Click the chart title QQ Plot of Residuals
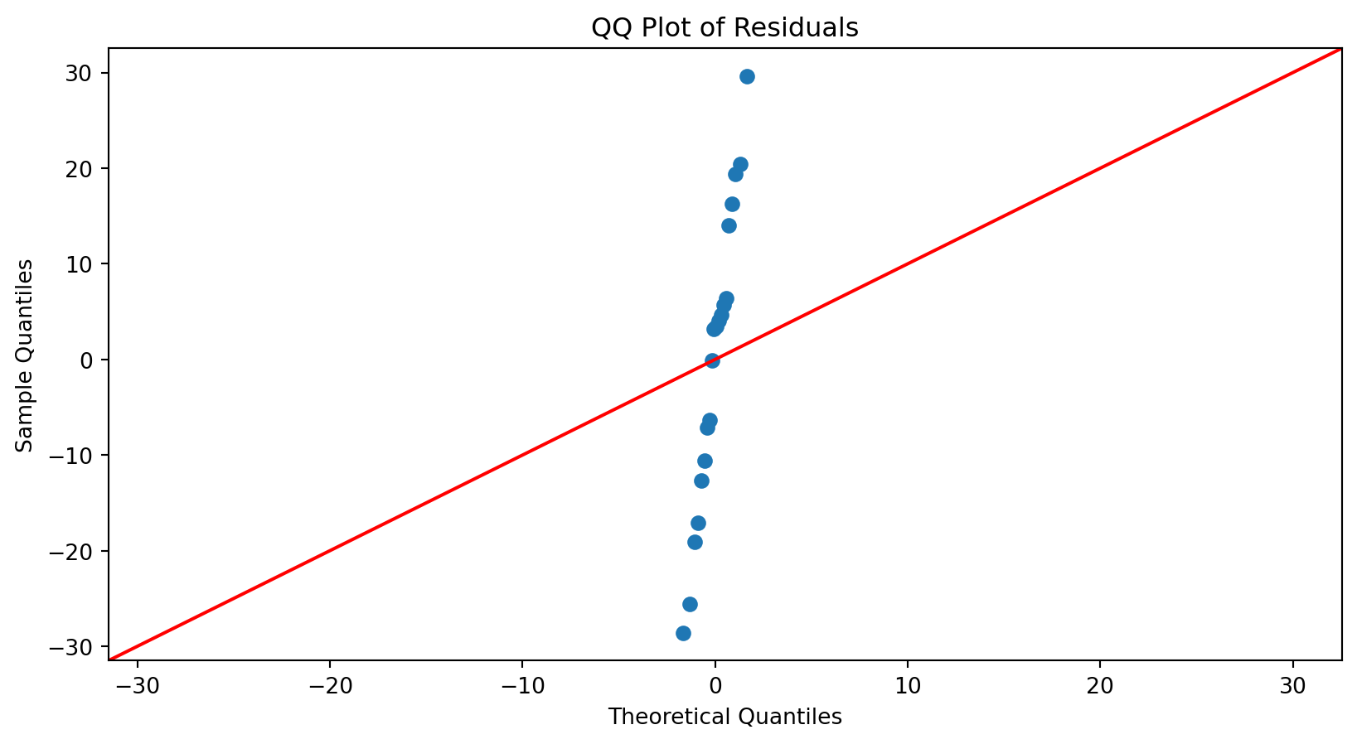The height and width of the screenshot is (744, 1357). pos(725,28)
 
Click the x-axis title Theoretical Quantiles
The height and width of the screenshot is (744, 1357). pos(725,717)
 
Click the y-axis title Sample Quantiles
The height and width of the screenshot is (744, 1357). pos(26,355)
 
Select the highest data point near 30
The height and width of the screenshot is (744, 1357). pos(747,77)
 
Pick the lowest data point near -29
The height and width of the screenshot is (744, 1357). pos(683,634)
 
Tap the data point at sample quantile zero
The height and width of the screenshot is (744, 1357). pos(712,360)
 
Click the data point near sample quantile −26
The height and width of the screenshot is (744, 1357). pos(690,605)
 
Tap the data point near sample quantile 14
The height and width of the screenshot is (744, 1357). pos(729,226)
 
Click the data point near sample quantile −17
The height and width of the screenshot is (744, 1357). pos(698,524)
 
